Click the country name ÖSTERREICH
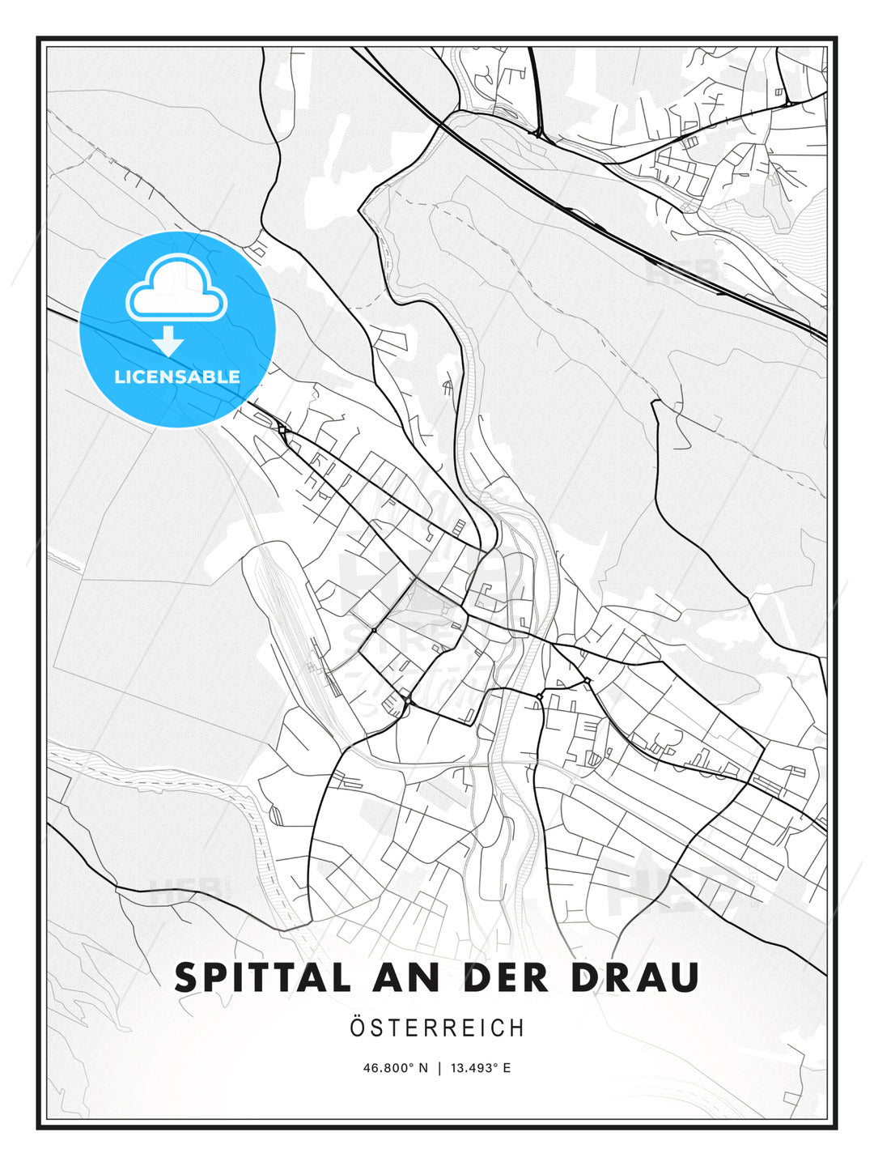click(437, 1028)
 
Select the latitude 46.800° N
click(395, 1068)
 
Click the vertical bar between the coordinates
click(439, 1068)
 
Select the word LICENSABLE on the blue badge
click(177, 377)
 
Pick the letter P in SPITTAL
click(218, 977)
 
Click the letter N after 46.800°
click(422, 1068)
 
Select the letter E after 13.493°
click(507, 1068)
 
